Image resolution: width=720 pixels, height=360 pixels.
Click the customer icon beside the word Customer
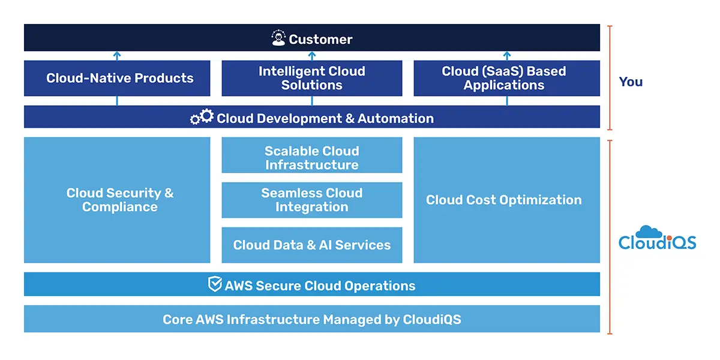click(x=278, y=39)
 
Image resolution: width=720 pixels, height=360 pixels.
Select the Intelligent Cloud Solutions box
click(x=312, y=78)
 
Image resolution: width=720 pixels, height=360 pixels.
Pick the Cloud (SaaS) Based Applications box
click(x=507, y=78)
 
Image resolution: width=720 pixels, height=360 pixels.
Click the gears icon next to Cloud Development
click(x=202, y=117)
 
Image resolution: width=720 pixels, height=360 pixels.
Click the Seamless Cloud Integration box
click(x=312, y=200)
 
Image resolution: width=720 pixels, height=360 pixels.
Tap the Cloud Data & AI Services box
click(x=312, y=245)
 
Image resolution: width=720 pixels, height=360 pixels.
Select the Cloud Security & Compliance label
click(x=120, y=200)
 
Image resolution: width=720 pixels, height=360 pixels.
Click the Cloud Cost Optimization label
click(x=504, y=200)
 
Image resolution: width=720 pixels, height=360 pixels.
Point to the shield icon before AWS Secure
click(x=215, y=284)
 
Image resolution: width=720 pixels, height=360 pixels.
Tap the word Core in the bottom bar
click(x=179, y=319)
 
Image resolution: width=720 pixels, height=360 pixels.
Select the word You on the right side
click(x=631, y=82)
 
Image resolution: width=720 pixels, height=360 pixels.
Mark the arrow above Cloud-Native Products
click(x=117, y=56)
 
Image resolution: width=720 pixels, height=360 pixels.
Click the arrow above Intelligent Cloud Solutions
click(x=312, y=56)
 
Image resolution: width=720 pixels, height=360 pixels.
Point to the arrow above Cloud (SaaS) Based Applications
click(x=507, y=56)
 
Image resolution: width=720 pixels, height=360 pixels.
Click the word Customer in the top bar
click(x=320, y=40)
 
